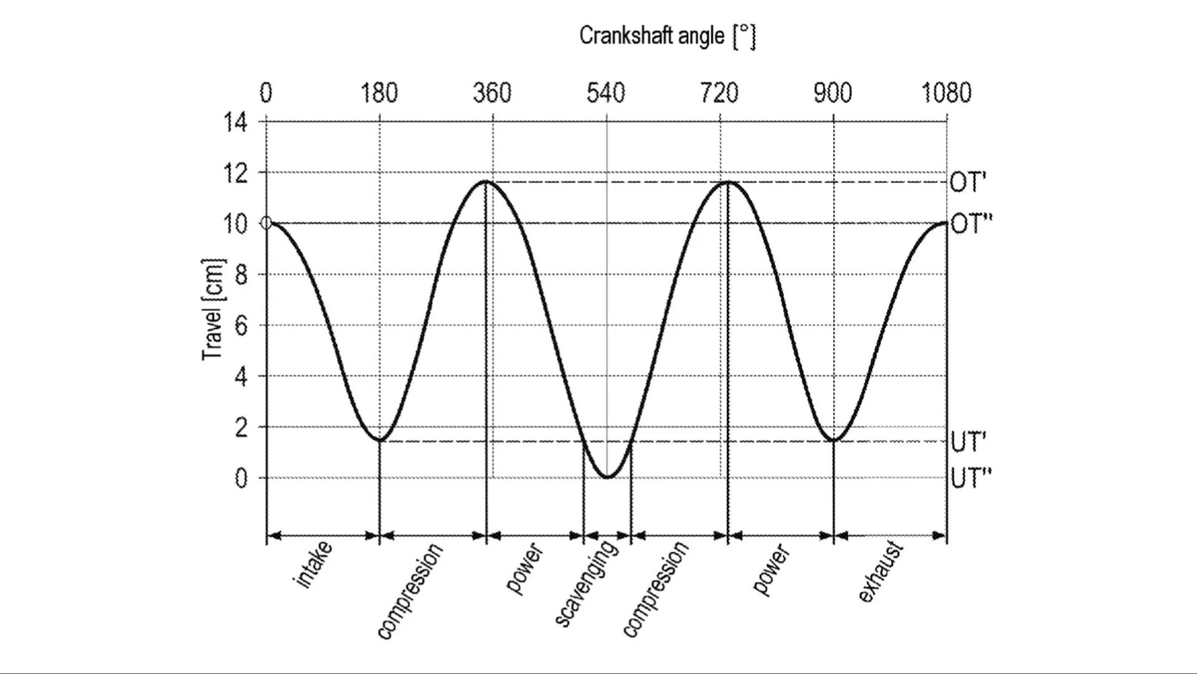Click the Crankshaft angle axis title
tap(667, 36)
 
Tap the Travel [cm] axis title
tap(213, 309)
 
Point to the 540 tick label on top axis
tap(605, 94)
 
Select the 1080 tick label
tap(946, 94)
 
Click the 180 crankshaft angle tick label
tap(379, 94)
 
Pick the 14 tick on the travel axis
tap(235, 122)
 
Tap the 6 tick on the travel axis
tap(241, 325)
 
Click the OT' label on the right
tap(968, 183)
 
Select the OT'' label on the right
tap(971, 224)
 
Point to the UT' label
tap(968, 442)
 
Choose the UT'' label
tap(971, 479)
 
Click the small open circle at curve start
tap(266, 223)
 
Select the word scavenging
tap(586, 583)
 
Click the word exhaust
tap(880, 572)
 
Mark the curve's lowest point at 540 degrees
tap(607, 478)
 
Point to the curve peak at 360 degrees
tap(486, 181)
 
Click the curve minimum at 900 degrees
tap(834, 440)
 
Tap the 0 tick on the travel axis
tap(241, 479)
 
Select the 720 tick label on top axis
tap(719, 94)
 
